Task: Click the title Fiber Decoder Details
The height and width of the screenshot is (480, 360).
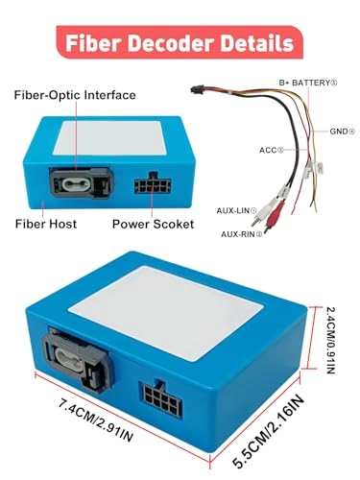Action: (x=180, y=44)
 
